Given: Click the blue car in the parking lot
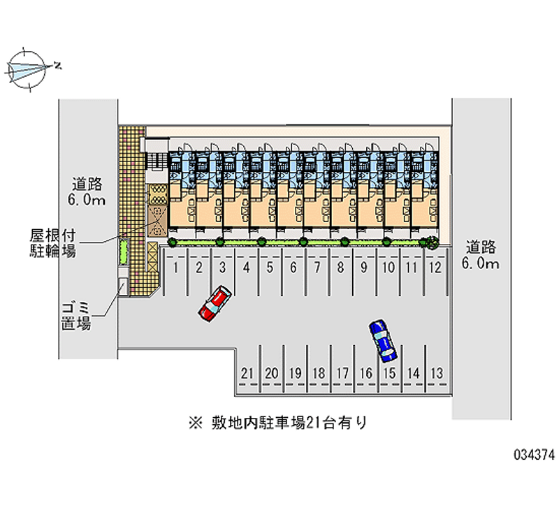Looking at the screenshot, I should [381, 340].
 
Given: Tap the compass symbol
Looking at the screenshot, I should [28, 68].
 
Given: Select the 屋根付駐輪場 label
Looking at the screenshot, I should [52, 242].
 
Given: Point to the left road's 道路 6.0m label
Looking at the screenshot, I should [88, 192].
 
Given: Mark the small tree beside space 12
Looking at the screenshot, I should [432, 242].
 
